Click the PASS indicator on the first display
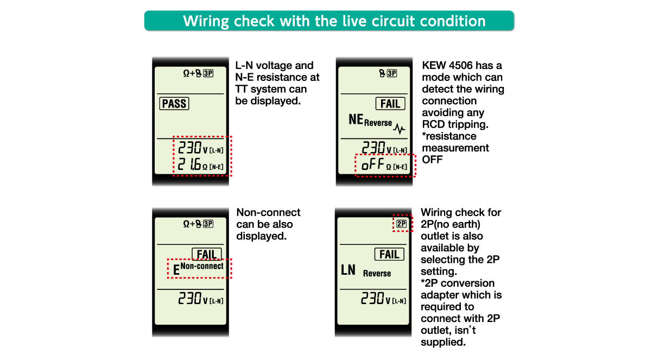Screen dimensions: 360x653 pos(174,104)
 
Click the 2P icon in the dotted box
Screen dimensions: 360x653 pos(402,223)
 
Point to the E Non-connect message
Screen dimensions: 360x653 pos(199,268)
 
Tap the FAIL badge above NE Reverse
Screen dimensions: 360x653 pos(390,104)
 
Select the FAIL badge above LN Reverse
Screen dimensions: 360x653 pos(389,254)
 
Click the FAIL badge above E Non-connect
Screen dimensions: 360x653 pos(207,254)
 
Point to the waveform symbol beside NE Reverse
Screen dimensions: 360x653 pos(400,129)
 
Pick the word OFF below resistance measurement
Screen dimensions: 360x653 pos(432,160)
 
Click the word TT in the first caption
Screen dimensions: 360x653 pos(242,89)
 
